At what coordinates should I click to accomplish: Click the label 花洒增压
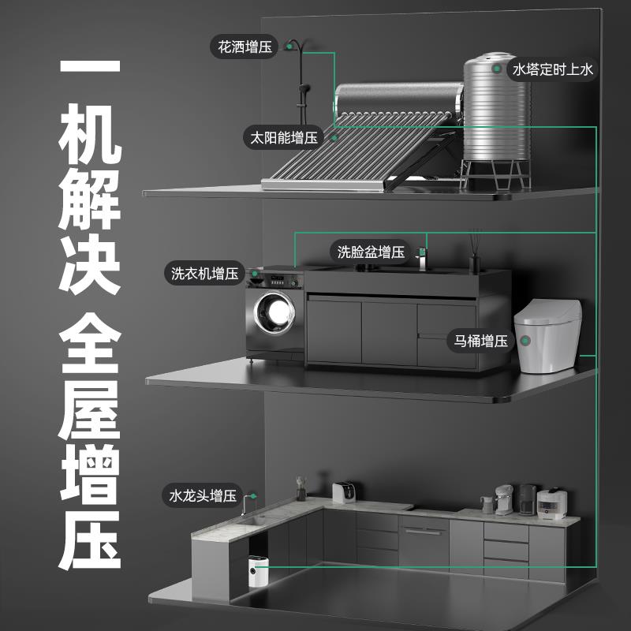click(x=244, y=47)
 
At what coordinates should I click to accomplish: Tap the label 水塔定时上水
click(x=552, y=69)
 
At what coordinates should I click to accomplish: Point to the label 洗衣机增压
click(x=204, y=274)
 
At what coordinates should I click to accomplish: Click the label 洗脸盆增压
click(x=371, y=252)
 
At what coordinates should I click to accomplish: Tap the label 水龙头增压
click(x=202, y=496)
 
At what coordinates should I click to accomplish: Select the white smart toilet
click(x=548, y=335)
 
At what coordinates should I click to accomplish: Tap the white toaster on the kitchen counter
click(x=343, y=493)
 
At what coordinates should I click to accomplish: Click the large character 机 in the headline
click(x=90, y=143)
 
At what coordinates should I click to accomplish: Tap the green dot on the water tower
click(x=497, y=69)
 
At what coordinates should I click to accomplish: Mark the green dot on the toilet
click(x=523, y=342)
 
